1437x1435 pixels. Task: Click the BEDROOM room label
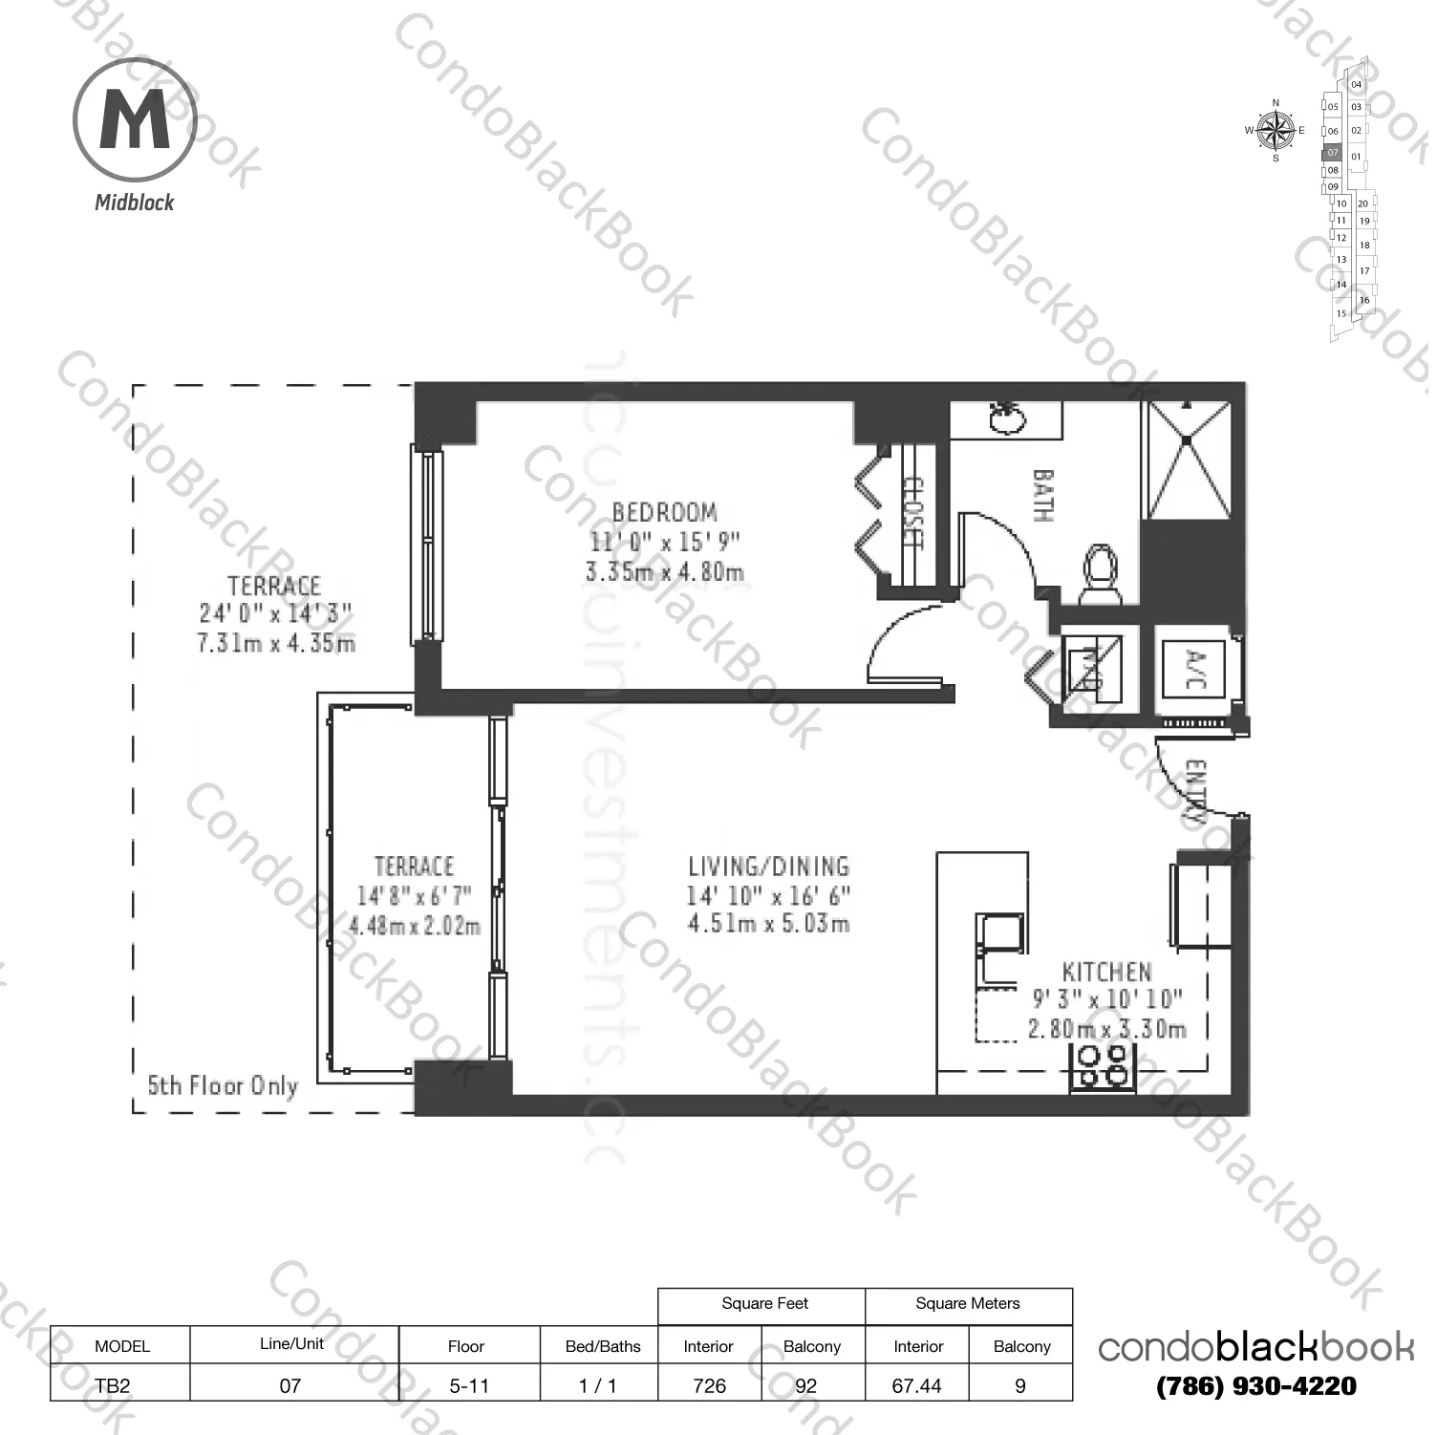(664, 512)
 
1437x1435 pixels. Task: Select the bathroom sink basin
(1005, 418)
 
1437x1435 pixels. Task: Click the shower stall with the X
(1189, 460)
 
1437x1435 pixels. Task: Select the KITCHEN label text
(1106, 973)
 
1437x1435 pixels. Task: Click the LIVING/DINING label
(768, 867)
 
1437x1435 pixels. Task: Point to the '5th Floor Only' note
(223, 1086)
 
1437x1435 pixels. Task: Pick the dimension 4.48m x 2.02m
(414, 926)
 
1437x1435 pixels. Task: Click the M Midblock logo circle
(135, 121)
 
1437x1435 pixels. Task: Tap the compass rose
(1275, 131)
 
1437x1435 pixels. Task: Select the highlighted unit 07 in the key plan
(1333, 153)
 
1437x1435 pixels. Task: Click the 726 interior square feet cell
(709, 1385)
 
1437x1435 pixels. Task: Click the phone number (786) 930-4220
(1255, 1385)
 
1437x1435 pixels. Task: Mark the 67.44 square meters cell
(916, 1385)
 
